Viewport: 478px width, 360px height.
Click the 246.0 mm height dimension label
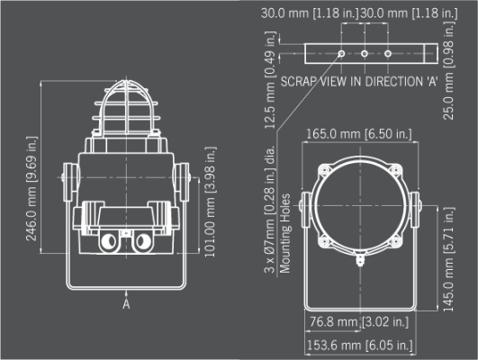pos(32,188)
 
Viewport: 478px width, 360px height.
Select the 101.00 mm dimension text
pos(210,202)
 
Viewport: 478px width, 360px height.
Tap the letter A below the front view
pos(126,304)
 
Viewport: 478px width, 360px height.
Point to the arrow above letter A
pos(126,293)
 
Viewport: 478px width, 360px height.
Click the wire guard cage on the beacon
pos(126,107)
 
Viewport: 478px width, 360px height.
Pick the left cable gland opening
pos(109,242)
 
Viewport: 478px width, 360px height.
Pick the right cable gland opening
pos(142,242)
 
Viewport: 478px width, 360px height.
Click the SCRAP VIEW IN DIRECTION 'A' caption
pos(359,82)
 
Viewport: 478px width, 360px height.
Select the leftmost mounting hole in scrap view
pos(341,54)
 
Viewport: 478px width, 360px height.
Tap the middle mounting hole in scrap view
pos(365,54)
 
